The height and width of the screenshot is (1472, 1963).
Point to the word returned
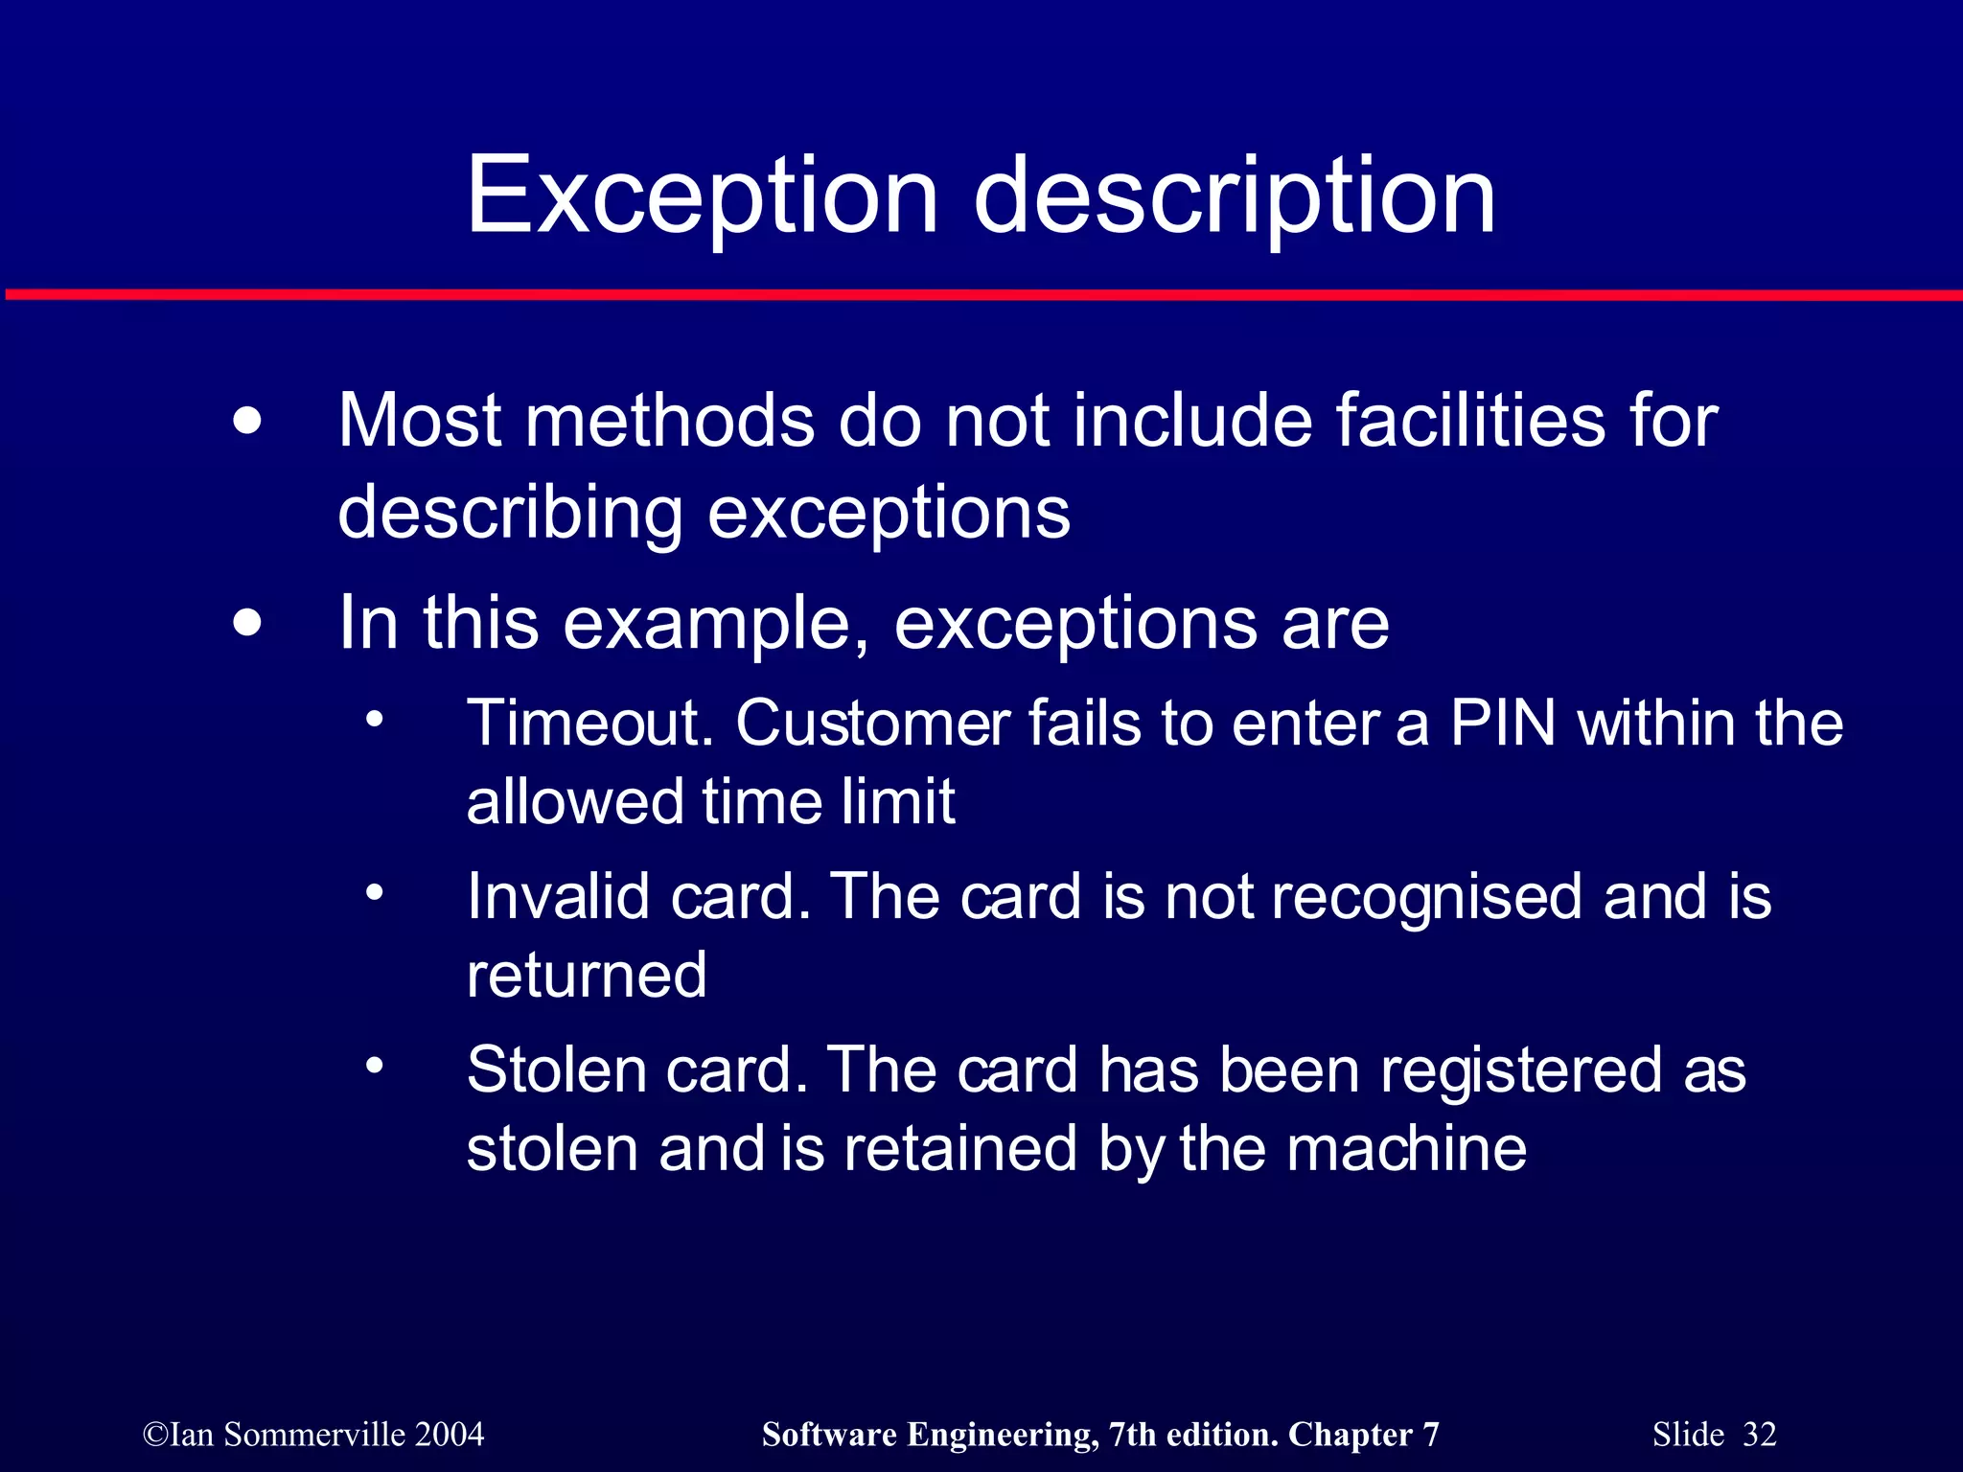point(587,975)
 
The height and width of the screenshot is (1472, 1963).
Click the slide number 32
point(1760,1435)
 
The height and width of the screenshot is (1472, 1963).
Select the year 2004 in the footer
point(450,1435)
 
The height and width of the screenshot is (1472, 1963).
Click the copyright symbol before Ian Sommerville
point(155,1436)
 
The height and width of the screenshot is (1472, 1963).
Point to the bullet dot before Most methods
point(247,421)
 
